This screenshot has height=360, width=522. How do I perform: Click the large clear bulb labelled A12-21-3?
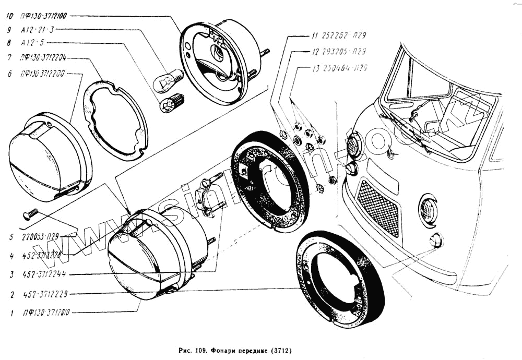coord(167,80)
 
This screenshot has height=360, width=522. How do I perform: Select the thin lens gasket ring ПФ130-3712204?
coord(115,119)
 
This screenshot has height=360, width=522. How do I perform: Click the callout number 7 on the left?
coord(10,57)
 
